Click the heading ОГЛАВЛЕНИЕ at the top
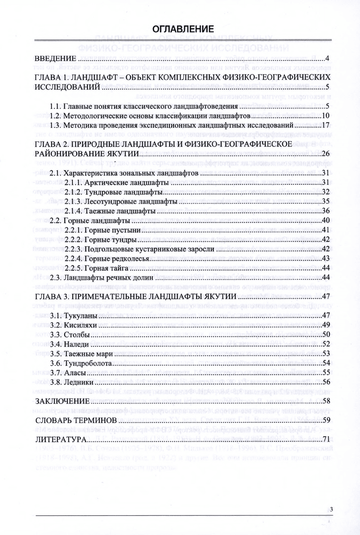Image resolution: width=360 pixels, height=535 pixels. [180, 28]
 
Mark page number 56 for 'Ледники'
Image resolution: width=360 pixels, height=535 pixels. [326, 382]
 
